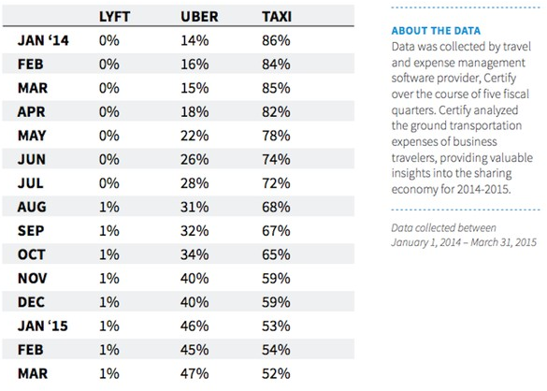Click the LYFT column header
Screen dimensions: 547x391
114,17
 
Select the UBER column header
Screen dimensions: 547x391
199,17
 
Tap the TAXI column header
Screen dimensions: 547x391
277,17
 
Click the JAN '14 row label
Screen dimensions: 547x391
43,40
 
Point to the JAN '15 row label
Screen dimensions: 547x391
43,326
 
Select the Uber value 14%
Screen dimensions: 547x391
194,40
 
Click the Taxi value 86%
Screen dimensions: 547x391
276,40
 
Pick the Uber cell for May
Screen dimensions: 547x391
194,136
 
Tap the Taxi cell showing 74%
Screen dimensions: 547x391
276,159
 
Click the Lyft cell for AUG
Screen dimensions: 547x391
109,207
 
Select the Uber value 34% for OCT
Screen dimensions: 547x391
194,254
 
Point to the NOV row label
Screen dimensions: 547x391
32,278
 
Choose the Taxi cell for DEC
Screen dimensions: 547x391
276,302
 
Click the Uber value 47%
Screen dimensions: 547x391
194,373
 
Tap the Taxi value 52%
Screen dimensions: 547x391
276,373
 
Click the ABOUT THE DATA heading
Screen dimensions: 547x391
436,31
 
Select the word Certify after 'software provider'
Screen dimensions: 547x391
500,79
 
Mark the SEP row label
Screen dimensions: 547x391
31,231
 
